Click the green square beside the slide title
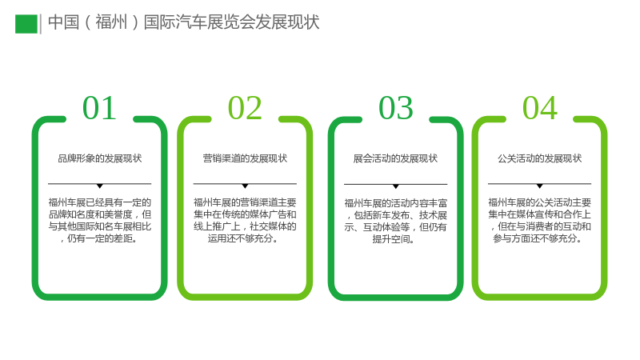(26, 24)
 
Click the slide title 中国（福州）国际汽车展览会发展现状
(184, 22)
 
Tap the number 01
(99, 108)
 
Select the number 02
(245, 108)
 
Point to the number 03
(396, 108)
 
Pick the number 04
(540, 108)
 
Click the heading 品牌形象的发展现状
(99, 158)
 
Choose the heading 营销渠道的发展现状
(245, 158)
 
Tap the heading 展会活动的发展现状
(395, 158)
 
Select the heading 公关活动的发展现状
(539, 158)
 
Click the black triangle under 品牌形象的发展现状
(99, 186)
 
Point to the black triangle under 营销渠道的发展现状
(245, 186)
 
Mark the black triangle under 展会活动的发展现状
(395, 186)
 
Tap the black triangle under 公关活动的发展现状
(539, 186)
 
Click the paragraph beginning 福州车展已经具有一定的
(99, 221)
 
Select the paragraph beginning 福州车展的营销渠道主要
(245, 221)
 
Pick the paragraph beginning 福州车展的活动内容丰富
(395, 221)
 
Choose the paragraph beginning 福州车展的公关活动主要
(539, 221)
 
